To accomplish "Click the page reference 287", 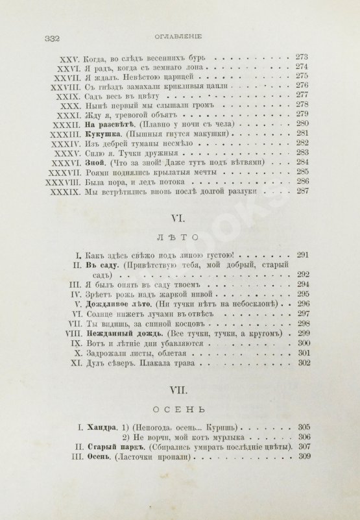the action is tap(302, 193).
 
